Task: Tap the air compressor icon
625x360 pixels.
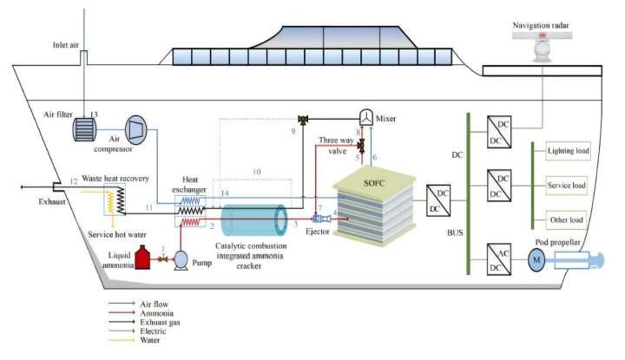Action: coord(139,128)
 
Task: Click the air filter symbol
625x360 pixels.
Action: coord(86,128)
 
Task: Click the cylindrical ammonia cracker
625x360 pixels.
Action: coord(253,219)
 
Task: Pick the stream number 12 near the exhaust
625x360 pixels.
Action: coord(74,180)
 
